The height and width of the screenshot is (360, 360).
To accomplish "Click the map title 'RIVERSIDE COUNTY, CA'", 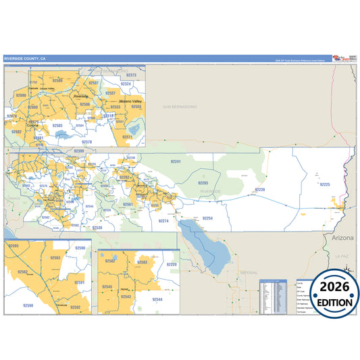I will pyautogui.click(x=25, y=59).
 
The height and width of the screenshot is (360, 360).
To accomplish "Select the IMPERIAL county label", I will pyautogui.click(x=249, y=253).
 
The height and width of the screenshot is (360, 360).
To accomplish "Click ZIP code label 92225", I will pyautogui.click(x=326, y=184).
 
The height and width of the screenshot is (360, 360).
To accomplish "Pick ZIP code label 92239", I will pyautogui.click(x=260, y=190).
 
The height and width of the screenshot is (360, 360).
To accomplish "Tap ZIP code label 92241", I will pyautogui.click(x=176, y=162).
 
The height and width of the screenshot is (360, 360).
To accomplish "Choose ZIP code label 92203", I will pyautogui.click(x=203, y=183).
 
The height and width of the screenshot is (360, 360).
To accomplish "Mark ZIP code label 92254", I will pyautogui.click(x=207, y=218).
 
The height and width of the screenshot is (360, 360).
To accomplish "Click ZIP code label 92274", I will pyautogui.click(x=163, y=221).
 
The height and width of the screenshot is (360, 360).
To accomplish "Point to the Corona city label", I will pyautogui.click(x=32, y=125).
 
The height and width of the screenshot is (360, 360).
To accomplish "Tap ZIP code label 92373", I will pyautogui.click(x=132, y=75).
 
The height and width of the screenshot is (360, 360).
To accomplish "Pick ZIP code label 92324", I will pyautogui.click(x=126, y=84).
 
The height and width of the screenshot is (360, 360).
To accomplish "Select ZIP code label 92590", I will pyautogui.click(x=28, y=306).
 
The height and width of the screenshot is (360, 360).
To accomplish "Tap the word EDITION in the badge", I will pyautogui.click(x=331, y=303).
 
